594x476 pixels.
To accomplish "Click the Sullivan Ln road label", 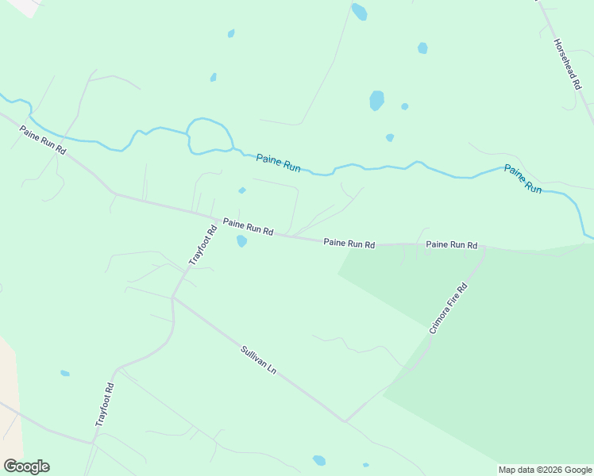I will tap(259, 359).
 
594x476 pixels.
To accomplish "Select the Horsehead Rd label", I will tap(565, 63).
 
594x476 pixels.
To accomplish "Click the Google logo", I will tap(26, 466).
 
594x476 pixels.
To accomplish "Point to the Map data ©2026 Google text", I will tap(545, 470).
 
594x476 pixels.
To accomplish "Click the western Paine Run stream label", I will tap(278, 163).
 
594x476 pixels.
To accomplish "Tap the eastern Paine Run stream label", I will tap(523, 179).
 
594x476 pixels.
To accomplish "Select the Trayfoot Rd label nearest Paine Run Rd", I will tap(202, 245).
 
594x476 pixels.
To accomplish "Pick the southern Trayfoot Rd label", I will tap(106, 405).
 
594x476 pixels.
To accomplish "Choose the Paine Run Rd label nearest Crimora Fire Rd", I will tap(451, 245).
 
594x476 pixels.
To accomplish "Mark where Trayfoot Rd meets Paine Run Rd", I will tap(217, 220).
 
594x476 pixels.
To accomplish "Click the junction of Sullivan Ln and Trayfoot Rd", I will tap(172, 298).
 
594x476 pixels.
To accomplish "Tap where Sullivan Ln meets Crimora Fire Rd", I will tap(345, 420).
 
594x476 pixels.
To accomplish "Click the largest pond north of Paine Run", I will tap(376, 100).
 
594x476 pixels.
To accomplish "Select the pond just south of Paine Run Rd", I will tap(241, 241).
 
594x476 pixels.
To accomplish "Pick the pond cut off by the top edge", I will tap(359, 11).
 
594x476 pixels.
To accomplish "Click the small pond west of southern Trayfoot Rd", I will tap(65, 373).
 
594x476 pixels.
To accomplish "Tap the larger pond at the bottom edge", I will tap(319, 460).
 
